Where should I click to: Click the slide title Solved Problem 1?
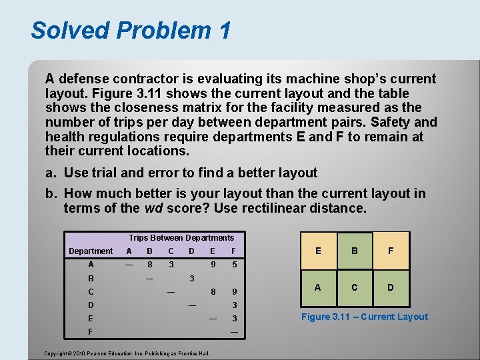[x=131, y=31]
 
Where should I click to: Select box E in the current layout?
[x=318, y=251]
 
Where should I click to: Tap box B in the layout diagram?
[x=355, y=251]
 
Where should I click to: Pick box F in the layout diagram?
[x=391, y=251]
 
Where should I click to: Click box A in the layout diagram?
[x=318, y=287]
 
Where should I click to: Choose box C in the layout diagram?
[x=355, y=287]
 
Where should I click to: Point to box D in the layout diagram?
[x=391, y=287]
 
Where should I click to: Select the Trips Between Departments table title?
[x=181, y=238]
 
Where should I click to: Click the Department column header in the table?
[x=91, y=251]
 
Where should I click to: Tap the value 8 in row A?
[x=149, y=265]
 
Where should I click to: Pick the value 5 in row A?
[x=234, y=265]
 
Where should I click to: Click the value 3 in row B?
[x=191, y=278]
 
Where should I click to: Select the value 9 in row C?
[x=234, y=291]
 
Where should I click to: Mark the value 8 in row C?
[x=213, y=291]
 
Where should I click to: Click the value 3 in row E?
[x=234, y=319]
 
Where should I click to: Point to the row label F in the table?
[x=91, y=331]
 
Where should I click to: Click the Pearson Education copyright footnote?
[x=127, y=353]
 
